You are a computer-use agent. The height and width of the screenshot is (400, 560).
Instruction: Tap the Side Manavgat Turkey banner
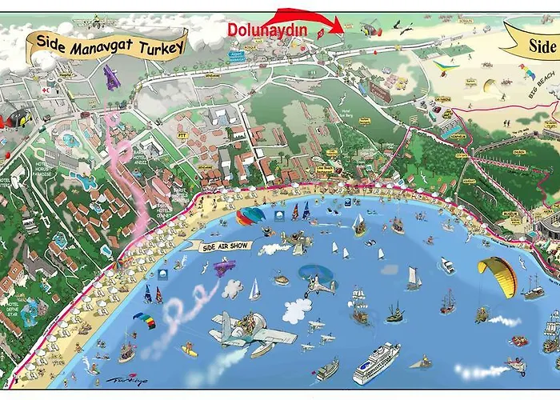coord(110,43)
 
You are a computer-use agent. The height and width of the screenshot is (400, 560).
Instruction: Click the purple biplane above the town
coord(111,78)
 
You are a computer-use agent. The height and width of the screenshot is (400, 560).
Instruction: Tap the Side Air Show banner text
coord(227,246)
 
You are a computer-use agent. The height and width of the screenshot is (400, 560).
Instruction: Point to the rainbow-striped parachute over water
coord(143,318)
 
